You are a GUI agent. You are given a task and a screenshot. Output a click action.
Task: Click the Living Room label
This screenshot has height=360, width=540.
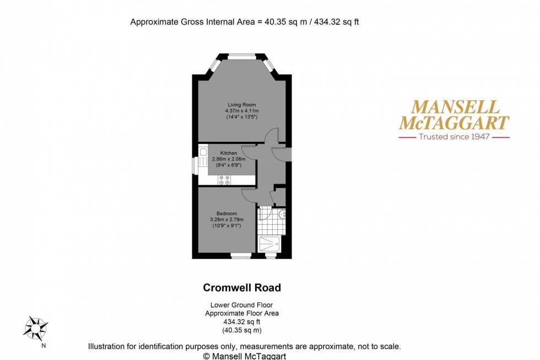tap(242, 105)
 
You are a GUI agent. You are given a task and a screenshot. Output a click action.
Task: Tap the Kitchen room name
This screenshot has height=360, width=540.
tap(229, 153)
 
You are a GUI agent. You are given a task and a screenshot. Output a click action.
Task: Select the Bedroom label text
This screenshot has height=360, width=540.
tap(226, 213)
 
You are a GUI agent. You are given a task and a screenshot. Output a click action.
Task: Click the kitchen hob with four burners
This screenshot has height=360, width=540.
tap(224, 179)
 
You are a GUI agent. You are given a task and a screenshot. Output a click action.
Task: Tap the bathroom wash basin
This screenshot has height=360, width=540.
tap(282, 214)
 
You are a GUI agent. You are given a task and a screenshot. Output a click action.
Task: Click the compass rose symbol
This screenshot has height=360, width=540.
tap(35, 327)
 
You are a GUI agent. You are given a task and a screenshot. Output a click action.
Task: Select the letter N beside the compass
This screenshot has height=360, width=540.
tap(44, 346)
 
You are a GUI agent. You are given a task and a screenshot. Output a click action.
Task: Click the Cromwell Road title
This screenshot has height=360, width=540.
tap(242, 288)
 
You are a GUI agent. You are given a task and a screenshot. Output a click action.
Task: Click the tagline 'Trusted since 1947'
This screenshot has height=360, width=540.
tap(454, 136)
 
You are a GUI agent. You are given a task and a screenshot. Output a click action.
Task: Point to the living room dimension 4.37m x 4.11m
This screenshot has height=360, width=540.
tap(242, 111)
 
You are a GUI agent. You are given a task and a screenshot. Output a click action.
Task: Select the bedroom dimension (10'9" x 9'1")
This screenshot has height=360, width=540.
tap(226, 225)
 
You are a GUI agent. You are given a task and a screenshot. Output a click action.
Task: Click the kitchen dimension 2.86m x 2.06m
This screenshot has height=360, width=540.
tap(229, 159)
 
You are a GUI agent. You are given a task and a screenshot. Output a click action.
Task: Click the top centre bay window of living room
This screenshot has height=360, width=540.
tap(242, 55)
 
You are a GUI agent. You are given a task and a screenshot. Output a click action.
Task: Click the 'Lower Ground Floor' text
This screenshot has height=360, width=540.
tap(242, 305)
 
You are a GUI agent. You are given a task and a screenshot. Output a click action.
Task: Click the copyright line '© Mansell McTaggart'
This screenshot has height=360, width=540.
tap(245, 356)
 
